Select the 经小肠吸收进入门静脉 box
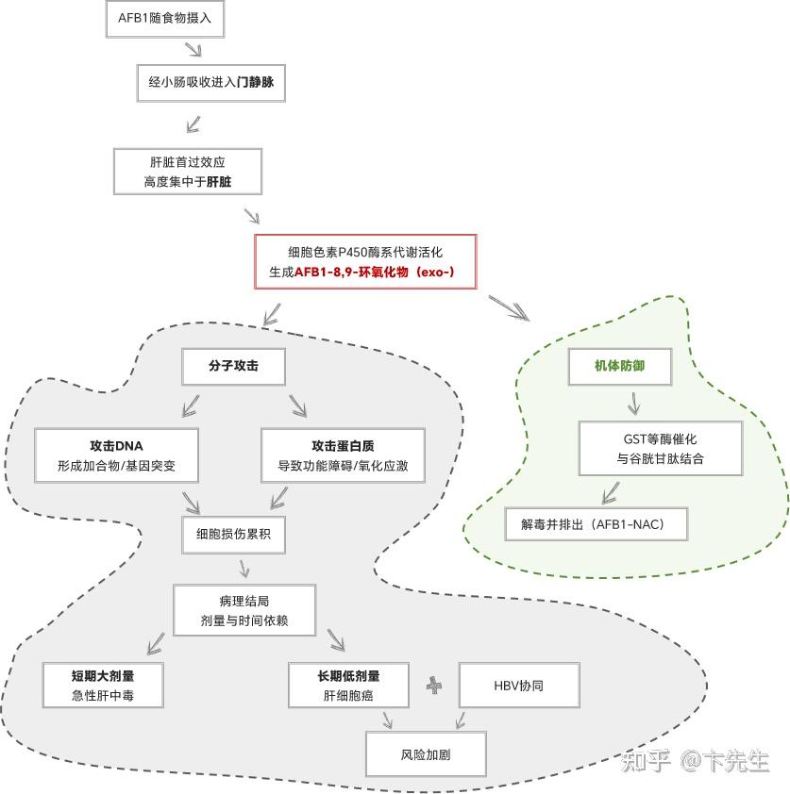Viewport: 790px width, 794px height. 210,83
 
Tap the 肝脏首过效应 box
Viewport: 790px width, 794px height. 187,171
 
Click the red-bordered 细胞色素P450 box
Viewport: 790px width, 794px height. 365,262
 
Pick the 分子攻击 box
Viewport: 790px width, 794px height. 233,366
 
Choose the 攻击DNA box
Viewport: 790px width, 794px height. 116,455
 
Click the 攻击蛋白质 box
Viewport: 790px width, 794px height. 343,455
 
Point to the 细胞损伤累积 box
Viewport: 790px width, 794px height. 233,534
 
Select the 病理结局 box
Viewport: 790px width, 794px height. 244,610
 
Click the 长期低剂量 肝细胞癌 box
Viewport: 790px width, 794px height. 348,686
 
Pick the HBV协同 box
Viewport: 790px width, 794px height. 518,686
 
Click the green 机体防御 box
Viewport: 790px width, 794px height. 620,366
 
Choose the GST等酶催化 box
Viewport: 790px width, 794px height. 660,449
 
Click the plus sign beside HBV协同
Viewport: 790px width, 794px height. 434,686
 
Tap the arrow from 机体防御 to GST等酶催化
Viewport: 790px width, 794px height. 634,405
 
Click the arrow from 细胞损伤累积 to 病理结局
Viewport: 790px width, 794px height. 244,568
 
